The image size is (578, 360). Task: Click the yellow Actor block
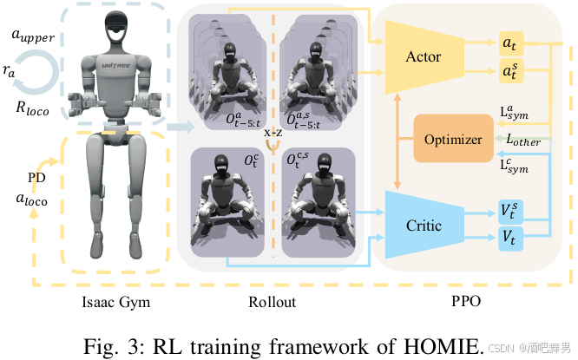423,57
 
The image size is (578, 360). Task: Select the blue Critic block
423,226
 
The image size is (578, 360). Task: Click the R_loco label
32,110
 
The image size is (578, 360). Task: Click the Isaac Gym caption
110,302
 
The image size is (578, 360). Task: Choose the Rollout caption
272,302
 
